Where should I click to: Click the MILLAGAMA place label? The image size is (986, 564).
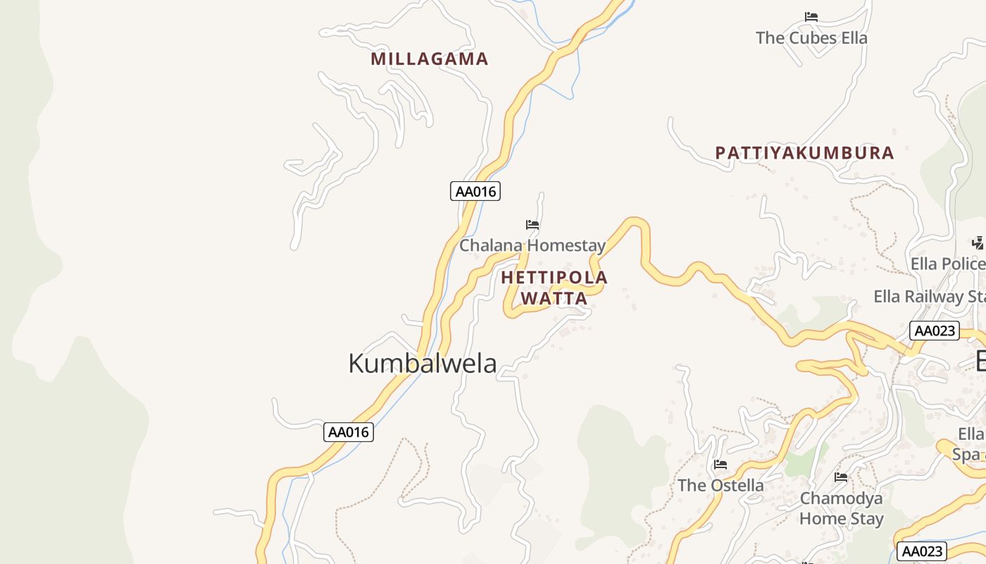click(430, 59)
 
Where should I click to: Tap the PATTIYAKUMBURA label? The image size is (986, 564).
click(804, 153)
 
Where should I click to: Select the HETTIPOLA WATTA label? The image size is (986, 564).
click(554, 288)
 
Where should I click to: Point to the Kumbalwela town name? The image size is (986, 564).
click(423, 363)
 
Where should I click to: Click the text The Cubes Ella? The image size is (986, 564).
click(811, 38)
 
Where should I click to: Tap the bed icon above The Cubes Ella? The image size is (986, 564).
click(811, 16)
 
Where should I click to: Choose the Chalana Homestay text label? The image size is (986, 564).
click(532, 245)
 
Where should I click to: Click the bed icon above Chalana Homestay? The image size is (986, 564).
click(532, 225)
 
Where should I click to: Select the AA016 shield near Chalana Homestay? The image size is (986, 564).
click(475, 191)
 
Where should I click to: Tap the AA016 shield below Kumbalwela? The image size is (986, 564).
click(349, 432)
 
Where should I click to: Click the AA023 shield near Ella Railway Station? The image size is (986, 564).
click(935, 331)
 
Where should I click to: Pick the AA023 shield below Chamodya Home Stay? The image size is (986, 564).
click(922, 551)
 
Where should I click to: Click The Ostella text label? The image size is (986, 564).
click(720, 485)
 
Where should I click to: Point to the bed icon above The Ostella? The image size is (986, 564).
click(720, 465)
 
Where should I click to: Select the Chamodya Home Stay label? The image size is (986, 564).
click(841, 508)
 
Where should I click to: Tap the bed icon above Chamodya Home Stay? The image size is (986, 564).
click(841, 477)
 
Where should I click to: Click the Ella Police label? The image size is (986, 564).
click(947, 264)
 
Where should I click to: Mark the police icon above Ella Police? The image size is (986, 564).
click(978, 243)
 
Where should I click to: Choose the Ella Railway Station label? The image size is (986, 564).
click(930, 297)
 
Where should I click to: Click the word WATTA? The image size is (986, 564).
click(554, 298)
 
